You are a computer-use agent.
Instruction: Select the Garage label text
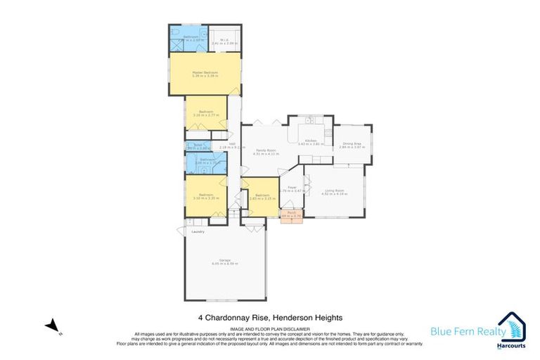(225, 261)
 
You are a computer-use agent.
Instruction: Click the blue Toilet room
(193, 146)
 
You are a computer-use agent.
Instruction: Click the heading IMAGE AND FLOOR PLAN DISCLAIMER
(269, 328)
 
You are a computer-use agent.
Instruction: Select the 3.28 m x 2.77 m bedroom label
(206, 113)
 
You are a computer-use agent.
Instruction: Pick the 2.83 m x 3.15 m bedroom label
(262, 196)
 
